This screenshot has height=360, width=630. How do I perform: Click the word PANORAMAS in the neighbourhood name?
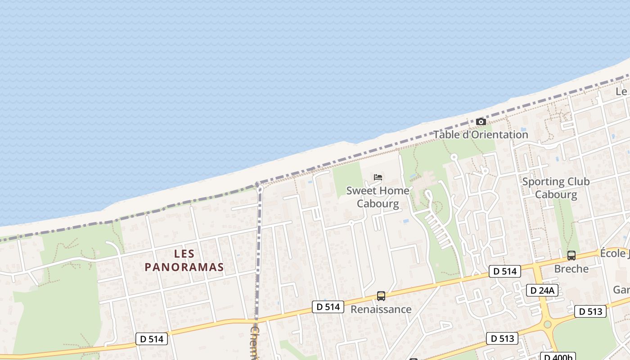(x=184, y=267)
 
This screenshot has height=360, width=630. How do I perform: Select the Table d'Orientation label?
(x=481, y=135)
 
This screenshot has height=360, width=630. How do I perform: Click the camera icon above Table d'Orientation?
(x=481, y=121)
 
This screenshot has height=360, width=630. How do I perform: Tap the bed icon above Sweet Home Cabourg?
(x=378, y=177)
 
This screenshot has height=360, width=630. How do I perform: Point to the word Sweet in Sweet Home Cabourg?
(x=360, y=190)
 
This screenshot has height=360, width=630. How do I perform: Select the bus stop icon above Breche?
(x=571, y=256)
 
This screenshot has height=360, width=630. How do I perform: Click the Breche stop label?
(x=571, y=269)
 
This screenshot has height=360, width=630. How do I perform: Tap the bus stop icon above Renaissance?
(x=381, y=296)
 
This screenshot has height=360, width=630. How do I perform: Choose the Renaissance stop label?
(x=381, y=310)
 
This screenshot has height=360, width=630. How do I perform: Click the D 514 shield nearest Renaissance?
(x=328, y=307)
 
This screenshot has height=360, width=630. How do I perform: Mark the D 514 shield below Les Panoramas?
(x=152, y=339)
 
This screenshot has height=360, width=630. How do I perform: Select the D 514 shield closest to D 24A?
(x=505, y=271)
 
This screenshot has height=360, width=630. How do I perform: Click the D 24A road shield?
(x=542, y=290)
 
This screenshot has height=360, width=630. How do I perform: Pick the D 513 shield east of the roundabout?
(x=590, y=311)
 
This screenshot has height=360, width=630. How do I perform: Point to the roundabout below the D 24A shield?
(x=547, y=324)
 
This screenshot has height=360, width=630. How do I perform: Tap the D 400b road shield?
(x=558, y=357)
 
